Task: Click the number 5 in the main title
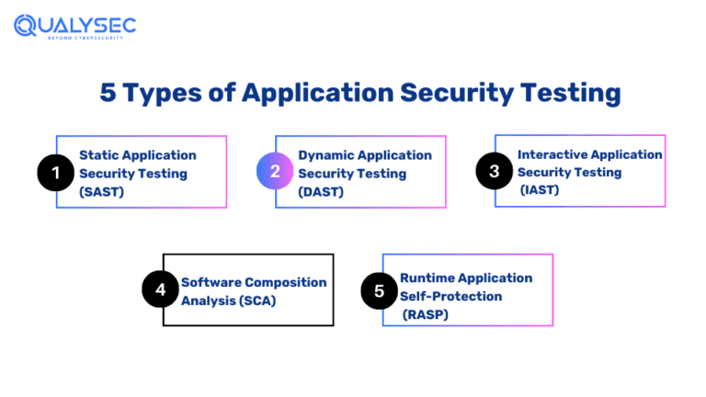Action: click(108, 94)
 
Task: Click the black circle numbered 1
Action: click(54, 172)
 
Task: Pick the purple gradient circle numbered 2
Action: click(274, 172)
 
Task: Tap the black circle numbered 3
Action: click(493, 171)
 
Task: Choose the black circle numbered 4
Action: click(160, 289)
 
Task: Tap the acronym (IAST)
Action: click(542, 189)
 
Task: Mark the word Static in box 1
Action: click(99, 155)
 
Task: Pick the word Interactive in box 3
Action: click(551, 154)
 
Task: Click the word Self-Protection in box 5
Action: click(450, 296)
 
